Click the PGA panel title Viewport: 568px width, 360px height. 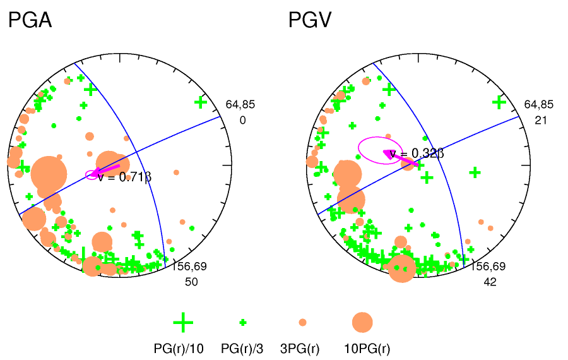click(30, 21)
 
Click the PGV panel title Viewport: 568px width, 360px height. click(311, 21)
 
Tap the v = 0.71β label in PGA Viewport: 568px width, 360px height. click(124, 176)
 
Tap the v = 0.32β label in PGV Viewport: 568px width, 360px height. click(417, 153)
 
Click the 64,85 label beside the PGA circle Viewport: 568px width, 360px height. click(240, 105)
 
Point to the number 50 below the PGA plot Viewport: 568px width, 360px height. click(191, 282)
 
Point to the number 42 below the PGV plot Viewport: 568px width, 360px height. click(490, 282)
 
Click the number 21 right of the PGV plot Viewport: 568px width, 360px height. click(540, 119)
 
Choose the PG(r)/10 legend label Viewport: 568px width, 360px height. click(179, 349)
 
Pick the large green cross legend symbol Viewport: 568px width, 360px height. click(183, 322)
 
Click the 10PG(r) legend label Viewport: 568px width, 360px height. click(367, 349)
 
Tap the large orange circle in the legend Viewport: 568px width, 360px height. click(362, 322)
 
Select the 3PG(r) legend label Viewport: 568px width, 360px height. click(300, 349)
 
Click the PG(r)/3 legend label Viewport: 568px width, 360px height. click(242, 349)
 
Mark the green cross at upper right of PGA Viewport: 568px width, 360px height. click(201, 102)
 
